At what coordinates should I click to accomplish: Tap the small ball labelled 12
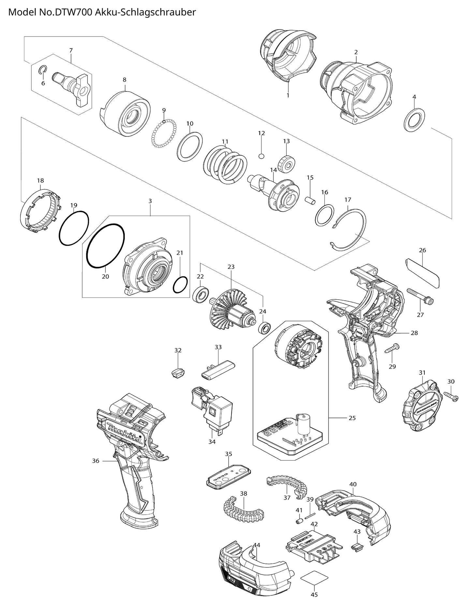(261, 156)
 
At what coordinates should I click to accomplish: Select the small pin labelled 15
(311, 200)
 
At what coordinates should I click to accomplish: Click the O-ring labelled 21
(180, 285)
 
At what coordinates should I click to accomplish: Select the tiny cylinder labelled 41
(298, 522)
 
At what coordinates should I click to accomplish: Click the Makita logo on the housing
(124, 431)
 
